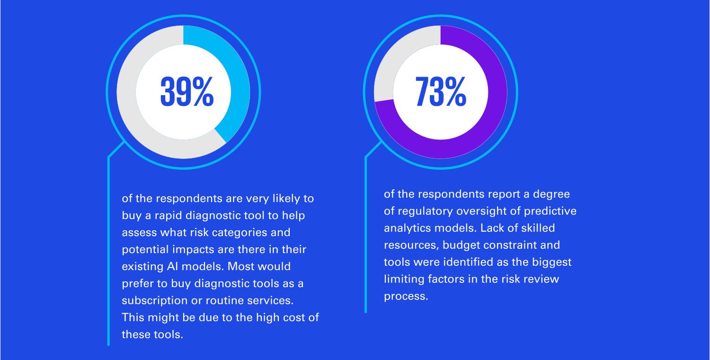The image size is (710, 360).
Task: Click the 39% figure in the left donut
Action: (187, 91)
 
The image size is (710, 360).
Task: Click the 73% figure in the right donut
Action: (441, 91)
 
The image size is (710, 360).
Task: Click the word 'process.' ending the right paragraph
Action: (406, 297)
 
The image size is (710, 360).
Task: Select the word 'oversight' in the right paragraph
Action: (481, 211)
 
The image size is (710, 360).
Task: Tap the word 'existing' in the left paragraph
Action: (142, 267)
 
